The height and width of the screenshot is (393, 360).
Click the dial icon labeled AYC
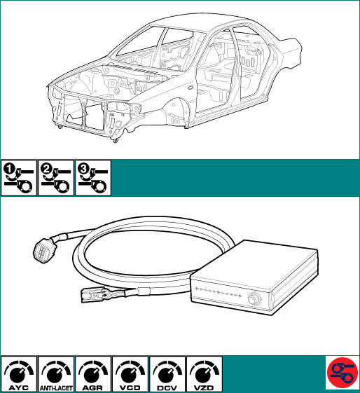click(19, 374)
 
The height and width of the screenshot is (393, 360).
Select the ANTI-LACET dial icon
click(56, 374)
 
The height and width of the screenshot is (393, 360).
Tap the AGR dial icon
click(93, 374)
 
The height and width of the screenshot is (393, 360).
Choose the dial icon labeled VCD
click(130, 374)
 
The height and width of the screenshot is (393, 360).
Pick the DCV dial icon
click(167, 374)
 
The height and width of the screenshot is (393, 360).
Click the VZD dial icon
click(205, 374)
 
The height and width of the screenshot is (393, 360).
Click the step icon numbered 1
click(19, 178)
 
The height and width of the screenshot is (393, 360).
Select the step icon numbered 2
click(56, 178)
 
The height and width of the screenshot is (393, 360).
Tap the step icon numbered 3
click(93, 178)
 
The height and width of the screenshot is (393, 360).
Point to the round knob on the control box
click(254, 298)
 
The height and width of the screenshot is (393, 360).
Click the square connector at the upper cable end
click(43, 249)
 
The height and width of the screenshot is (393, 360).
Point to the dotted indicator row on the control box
click(219, 292)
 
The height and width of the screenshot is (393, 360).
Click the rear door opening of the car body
click(251, 65)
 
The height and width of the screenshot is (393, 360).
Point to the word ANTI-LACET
click(56, 388)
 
